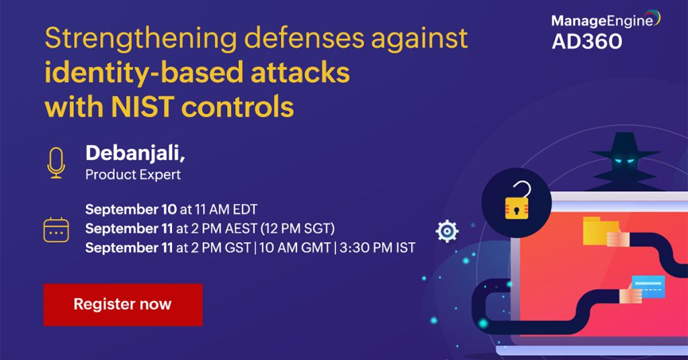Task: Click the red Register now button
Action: pyautogui.click(x=123, y=304)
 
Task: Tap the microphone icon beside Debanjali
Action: pyautogui.click(x=56, y=163)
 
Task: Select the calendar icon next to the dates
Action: pyautogui.click(x=56, y=230)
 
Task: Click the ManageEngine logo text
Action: pyautogui.click(x=602, y=21)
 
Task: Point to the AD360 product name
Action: pyautogui.click(x=587, y=42)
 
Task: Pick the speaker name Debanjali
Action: pyautogui.click(x=134, y=154)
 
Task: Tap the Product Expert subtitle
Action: pyautogui.click(x=133, y=175)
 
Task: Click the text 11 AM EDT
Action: pyautogui.click(x=226, y=209)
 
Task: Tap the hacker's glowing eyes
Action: pyautogui.click(x=622, y=159)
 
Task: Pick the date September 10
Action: pyautogui.click(x=130, y=209)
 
